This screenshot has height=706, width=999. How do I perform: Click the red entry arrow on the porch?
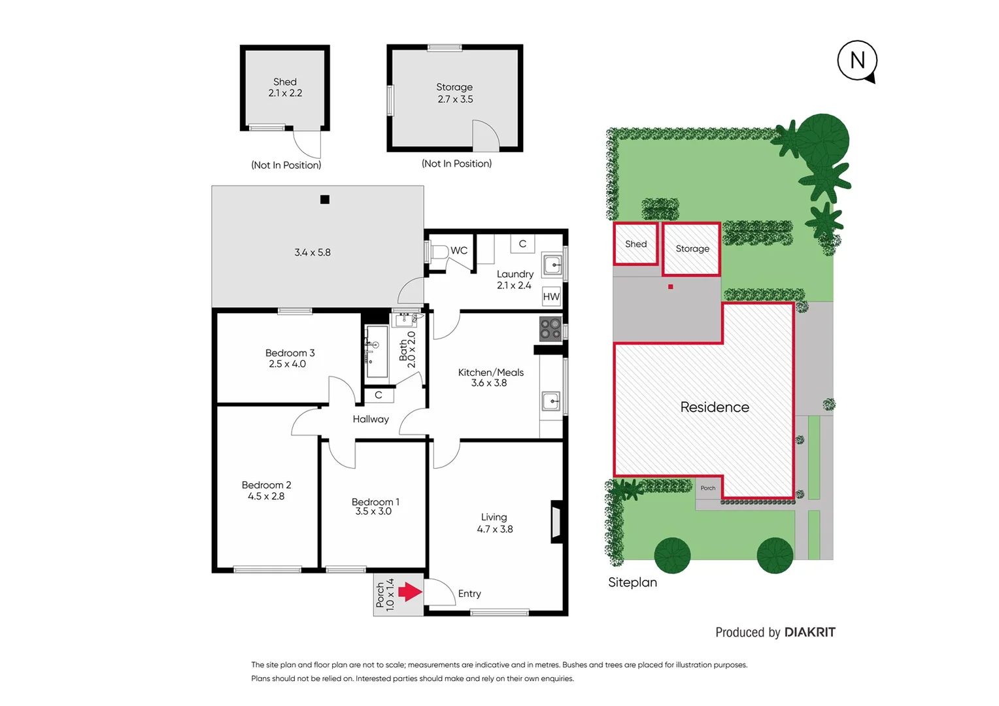pos(411,592)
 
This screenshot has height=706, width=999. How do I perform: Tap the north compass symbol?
pos(857,61)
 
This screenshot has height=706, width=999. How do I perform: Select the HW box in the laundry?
pos(551,297)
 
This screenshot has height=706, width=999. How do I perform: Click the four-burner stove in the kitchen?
pos(550,329)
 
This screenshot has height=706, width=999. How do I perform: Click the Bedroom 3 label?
pos(290,353)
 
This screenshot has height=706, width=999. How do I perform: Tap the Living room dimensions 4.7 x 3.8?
pos(494,529)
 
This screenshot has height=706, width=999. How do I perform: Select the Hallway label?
pos(371,419)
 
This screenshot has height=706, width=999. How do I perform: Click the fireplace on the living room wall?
pos(556,522)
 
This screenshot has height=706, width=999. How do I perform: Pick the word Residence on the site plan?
pos(715,407)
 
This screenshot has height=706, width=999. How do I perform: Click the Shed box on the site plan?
pos(635,244)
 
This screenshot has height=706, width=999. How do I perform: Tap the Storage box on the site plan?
pos(692,249)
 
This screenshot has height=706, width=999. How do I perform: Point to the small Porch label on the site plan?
pos(708,488)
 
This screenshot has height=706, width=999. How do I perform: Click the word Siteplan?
pos(632,582)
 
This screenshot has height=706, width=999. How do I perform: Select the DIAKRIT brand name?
pos(809,632)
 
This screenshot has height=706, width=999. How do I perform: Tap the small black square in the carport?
pos(325,199)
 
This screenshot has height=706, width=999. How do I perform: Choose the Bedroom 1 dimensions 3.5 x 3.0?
pos(373,511)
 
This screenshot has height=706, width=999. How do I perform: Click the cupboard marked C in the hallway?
pos(379,395)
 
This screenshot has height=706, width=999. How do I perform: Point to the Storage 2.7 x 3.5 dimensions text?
pos(455,99)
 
